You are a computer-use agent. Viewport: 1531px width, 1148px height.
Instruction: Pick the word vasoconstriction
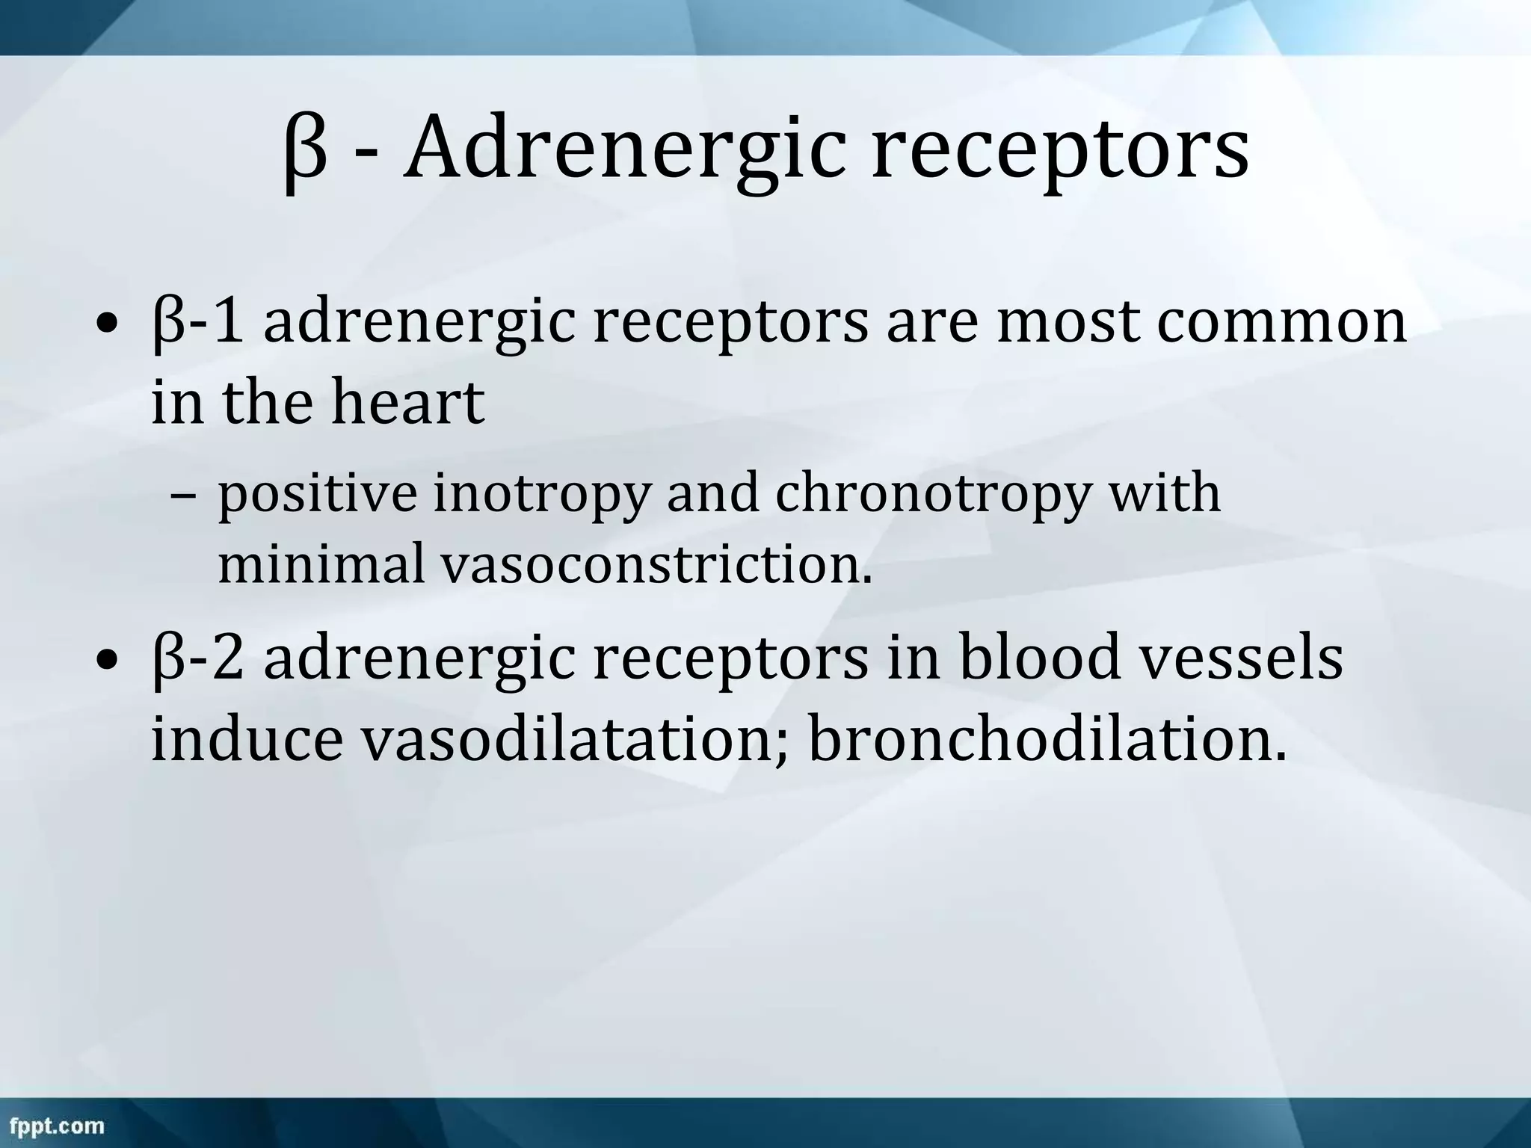[656, 562]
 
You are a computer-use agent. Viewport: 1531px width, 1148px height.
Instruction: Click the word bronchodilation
[1047, 738]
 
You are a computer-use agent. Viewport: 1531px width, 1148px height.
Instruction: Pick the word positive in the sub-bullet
[317, 495]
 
